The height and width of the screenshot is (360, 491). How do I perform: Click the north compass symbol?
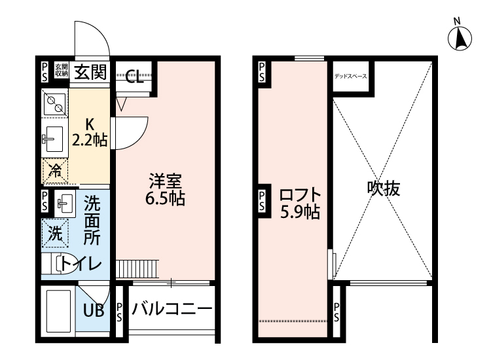(460, 37)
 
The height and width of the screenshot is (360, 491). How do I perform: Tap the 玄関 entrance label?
(90, 71)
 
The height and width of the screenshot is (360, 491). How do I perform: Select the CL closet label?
(135, 79)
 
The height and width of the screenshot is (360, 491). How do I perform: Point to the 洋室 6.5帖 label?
(165, 189)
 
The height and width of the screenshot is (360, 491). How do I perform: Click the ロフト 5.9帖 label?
(299, 204)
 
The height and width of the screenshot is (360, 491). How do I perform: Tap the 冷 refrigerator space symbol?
(56, 171)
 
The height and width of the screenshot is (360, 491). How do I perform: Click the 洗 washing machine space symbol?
(56, 232)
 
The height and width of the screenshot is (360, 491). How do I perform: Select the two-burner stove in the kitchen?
(54, 103)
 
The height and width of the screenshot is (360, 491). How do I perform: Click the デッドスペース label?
(350, 77)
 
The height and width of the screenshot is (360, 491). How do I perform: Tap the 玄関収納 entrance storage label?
(61, 70)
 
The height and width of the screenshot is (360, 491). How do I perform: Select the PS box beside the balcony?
(120, 313)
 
